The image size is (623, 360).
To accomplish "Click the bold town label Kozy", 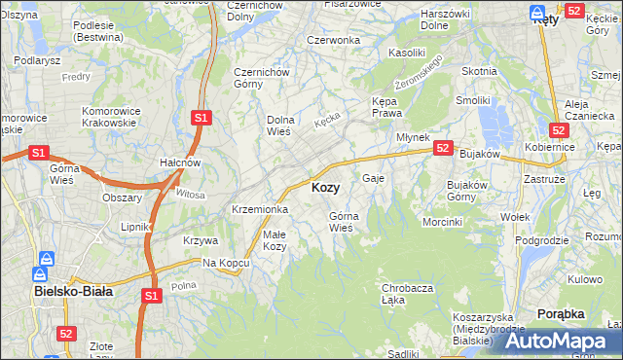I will click(325, 188).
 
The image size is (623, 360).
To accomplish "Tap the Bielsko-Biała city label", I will click(73, 291).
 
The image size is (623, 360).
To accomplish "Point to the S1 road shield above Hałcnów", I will click(201, 118).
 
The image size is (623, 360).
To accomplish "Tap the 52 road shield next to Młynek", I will click(443, 148).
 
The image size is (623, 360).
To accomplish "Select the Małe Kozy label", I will click(274, 240).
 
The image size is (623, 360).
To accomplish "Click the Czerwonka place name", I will click(333, 40).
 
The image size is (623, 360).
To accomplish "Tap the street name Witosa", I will click(191, 195).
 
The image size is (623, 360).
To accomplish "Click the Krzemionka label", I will click(259, 209).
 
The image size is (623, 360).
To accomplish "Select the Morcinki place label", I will click(442, 222).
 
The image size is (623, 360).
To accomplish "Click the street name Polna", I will click(183, 285).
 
